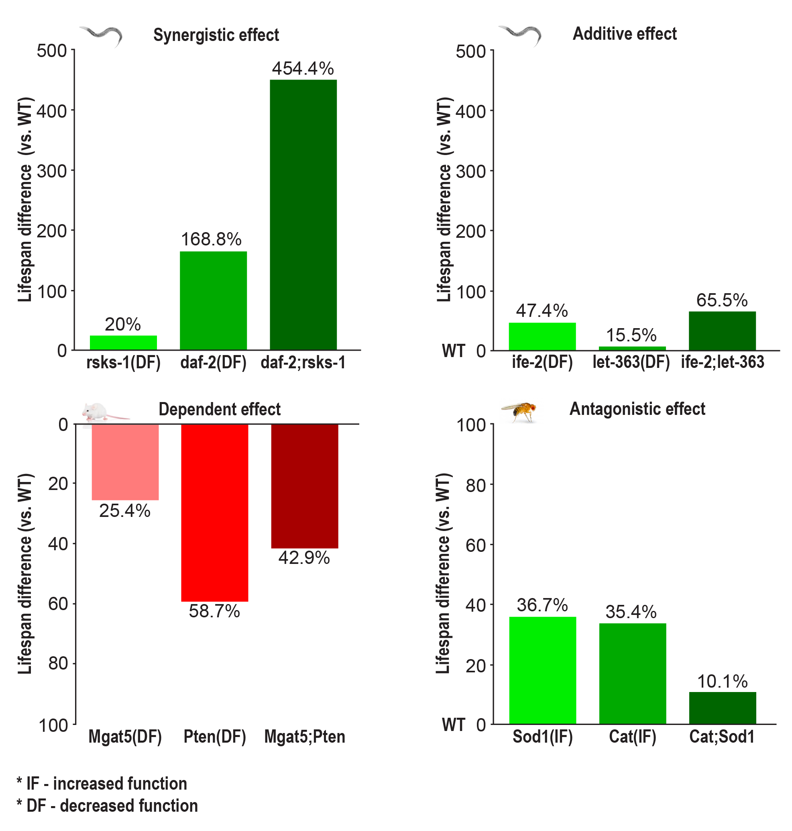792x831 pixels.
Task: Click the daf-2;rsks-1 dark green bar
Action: tap(303, 214)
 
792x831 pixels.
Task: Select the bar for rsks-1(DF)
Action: tap(123, 343)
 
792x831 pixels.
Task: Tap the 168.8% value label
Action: tap(211, 239)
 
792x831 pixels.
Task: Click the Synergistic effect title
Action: tap(216, 35)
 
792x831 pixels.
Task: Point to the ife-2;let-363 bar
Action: tap(722, 331)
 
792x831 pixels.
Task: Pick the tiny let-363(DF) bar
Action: tap(632, 349)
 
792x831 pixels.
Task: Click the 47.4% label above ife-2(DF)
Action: tap(542, 311)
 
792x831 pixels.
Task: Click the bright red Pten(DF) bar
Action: tap(214, 512)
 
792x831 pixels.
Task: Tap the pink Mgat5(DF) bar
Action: tap(125, 462)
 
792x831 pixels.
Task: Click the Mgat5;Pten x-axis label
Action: tap(304, 737)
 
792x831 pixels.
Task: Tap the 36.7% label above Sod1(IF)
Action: tap(542, 605)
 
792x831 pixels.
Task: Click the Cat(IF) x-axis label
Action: tap(632, 737)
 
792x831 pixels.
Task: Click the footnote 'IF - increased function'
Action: tap(102, 784)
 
